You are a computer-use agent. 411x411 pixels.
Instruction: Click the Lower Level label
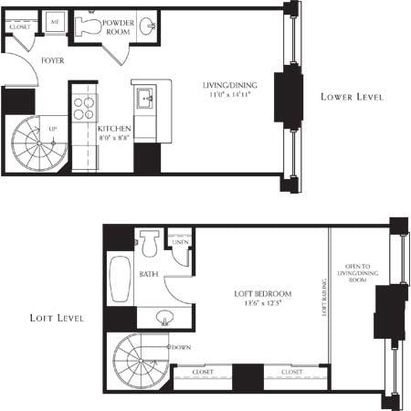[352, 97]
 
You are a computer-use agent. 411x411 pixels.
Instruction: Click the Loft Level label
[57, 319]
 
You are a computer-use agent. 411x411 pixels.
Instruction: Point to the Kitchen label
[114, 129]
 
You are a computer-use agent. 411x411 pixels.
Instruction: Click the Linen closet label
[180, 241]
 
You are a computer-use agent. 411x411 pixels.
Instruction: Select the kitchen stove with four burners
[83, 108]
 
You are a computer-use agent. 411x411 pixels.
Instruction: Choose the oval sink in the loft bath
[164, 318]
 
